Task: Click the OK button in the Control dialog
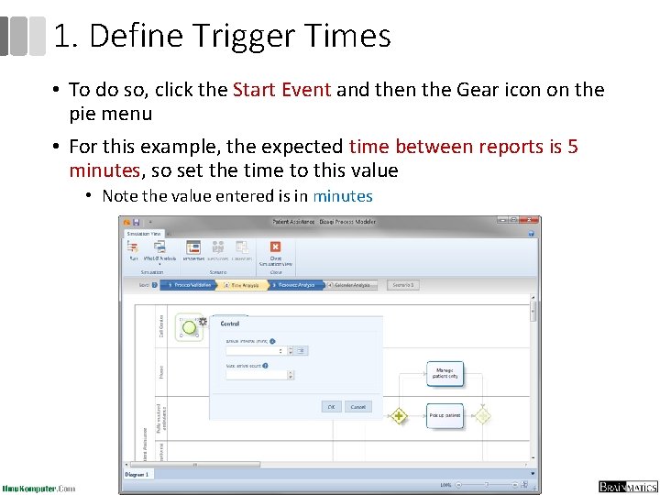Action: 331,407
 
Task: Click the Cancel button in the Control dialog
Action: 357,407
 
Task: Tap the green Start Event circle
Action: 189,325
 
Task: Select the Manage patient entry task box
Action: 445,373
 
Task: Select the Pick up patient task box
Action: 445,415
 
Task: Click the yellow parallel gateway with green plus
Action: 398,416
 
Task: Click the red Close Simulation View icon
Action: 275,247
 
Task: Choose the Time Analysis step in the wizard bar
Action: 245,285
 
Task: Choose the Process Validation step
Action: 190,285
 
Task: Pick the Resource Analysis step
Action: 297,285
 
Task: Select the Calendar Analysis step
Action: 353,285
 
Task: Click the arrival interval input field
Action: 257,350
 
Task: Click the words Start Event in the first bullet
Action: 283,90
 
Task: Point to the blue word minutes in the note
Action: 342,196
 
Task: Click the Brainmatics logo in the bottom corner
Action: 628,487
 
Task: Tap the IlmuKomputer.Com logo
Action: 38,488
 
